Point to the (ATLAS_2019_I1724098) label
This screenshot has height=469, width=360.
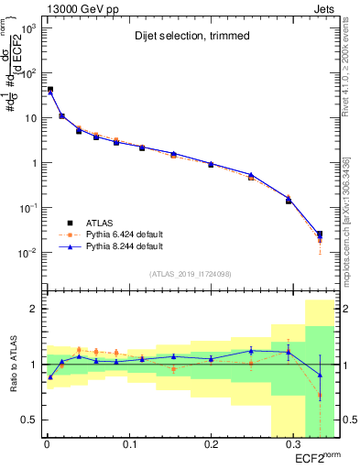(x=189, y=274)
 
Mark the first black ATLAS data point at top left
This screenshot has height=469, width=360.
(x=49, y=90)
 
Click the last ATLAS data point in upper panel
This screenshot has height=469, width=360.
(x=319, y=234)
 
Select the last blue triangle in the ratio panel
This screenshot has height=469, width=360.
(x=319, y=375)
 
